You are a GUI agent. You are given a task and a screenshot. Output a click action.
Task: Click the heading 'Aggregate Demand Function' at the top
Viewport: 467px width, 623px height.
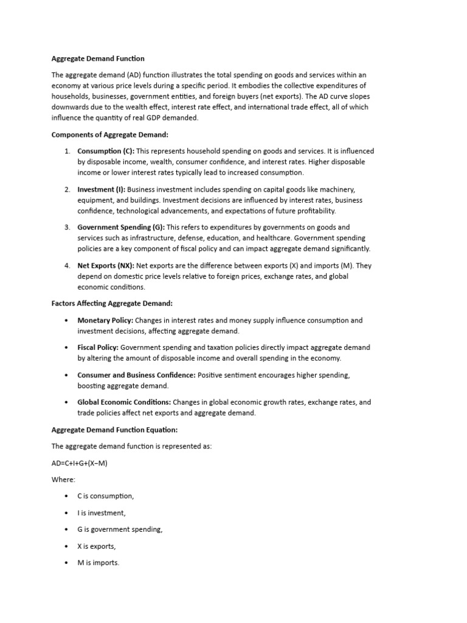pos(98,59)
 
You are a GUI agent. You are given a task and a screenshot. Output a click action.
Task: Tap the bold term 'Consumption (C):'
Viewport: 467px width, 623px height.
pos(106,151)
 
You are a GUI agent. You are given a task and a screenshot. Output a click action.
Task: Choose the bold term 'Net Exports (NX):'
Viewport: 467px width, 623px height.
pos(106,265)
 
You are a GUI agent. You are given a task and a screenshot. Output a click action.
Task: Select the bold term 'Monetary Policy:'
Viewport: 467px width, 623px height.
pos(105,320)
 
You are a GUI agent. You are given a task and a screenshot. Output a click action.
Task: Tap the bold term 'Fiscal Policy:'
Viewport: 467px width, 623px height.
pos(99,347)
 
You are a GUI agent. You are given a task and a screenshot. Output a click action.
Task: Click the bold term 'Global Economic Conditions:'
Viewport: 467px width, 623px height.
pos(124,402)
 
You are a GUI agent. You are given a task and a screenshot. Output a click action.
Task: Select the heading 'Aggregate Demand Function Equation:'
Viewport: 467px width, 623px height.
pos(114,430)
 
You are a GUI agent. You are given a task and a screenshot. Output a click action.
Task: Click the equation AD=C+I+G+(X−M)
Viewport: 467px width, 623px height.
pos(80,463)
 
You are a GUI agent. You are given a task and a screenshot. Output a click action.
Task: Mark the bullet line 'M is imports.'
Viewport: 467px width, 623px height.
pos(98,563)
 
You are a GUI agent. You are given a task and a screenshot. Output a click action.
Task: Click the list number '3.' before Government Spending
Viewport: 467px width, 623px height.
pos(67,227)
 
